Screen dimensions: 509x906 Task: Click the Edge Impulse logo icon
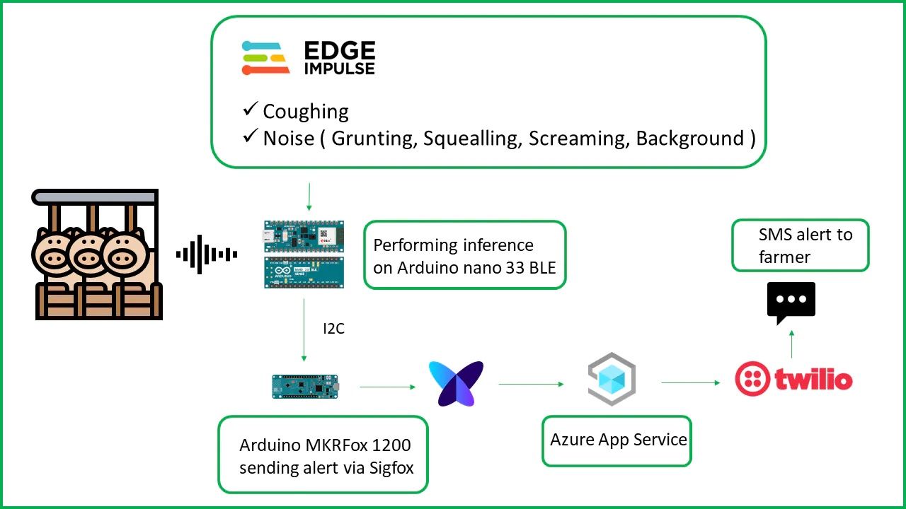point(265,58)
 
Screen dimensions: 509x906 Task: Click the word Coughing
point(306,112)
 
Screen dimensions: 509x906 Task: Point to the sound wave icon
point(206,255)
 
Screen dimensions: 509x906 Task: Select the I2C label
point(333,329)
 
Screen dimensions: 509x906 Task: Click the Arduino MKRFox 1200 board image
point(305,386)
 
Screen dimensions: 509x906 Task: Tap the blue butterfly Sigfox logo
point(456,384)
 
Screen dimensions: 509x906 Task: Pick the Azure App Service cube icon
point(612,380)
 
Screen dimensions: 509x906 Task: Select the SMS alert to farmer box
point(800,245)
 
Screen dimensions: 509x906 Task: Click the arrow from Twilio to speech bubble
point(791,343)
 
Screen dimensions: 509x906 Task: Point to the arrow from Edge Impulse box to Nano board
point(309,197)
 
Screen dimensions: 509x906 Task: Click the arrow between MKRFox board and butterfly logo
point(386,387)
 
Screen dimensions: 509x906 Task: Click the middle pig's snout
point(90,259)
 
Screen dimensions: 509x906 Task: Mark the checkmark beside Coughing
point(250,110)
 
